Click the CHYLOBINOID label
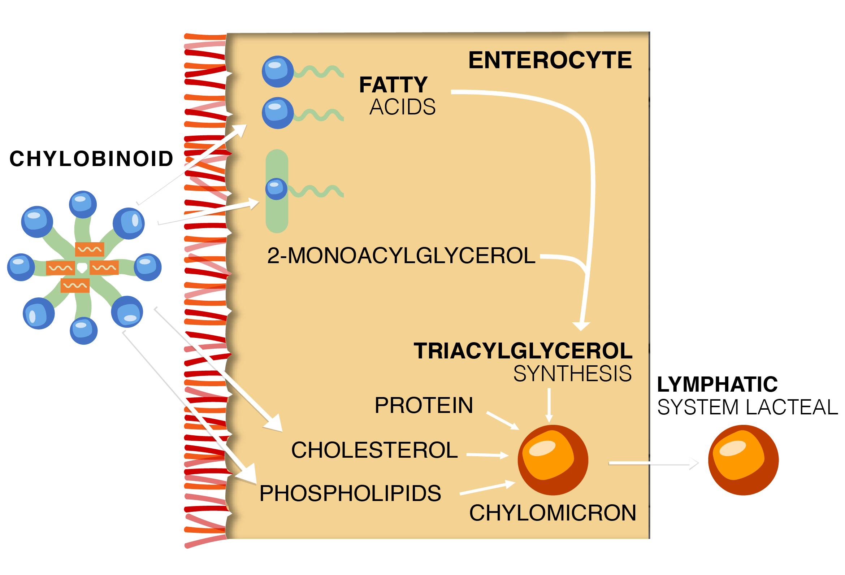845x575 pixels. [x=91, y=159]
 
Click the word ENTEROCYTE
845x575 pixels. [x=549, y=60]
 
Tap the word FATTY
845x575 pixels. [x=393, y=85]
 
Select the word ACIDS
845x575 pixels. [x=402, y=107]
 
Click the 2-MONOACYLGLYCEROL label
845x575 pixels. [x=401, y=256]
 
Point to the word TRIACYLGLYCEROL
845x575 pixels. [x=523, y=351]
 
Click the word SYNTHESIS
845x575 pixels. [x=572, y=374]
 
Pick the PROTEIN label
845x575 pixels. [x=424, y=405]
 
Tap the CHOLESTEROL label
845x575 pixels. [x=374, y=450]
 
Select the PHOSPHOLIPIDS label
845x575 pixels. [x=350, y=493]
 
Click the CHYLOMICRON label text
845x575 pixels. [x=552, y=513]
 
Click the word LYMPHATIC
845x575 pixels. [x=717, y=384]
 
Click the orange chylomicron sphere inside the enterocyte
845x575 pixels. [x=552, y=460]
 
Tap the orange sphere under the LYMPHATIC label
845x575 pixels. [x=743, y=460]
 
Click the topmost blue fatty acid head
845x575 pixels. [x=278, y=71]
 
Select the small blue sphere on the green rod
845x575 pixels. [x=276, y=189]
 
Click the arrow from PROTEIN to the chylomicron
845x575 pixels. [x=503, y=421]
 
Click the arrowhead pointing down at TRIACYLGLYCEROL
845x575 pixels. [x=581, y=326]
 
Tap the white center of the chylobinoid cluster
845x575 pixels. [x=82, y=267]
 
